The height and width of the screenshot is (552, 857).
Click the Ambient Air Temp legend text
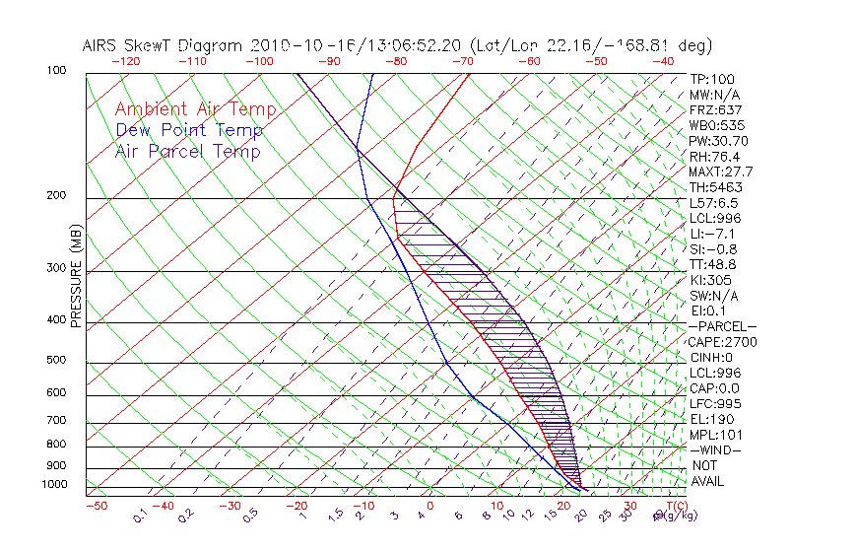(x=195, y=109)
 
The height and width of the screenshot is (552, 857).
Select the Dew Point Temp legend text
(x=189, y=130)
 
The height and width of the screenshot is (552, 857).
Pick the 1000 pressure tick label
(x=55, y=484)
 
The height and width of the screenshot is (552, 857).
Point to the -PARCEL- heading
(x=722, y=326)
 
